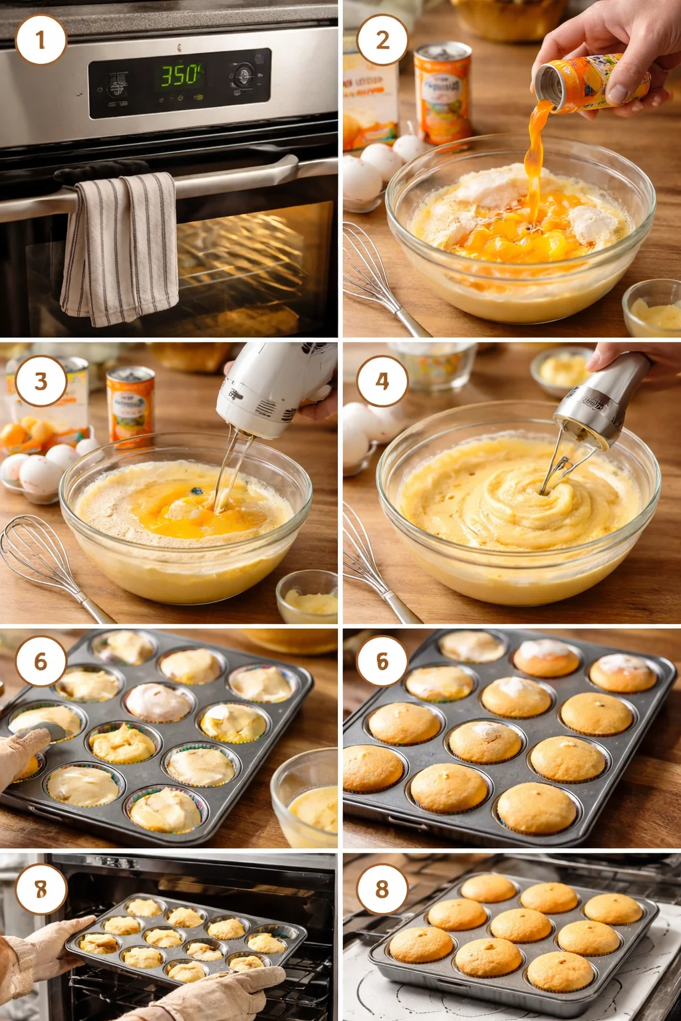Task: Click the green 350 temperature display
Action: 180,75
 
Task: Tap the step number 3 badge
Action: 41,381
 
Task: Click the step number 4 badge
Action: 382,381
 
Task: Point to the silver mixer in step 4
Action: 602,399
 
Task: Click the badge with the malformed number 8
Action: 41,889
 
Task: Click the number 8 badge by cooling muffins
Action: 382,889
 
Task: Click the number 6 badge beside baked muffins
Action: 382,661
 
